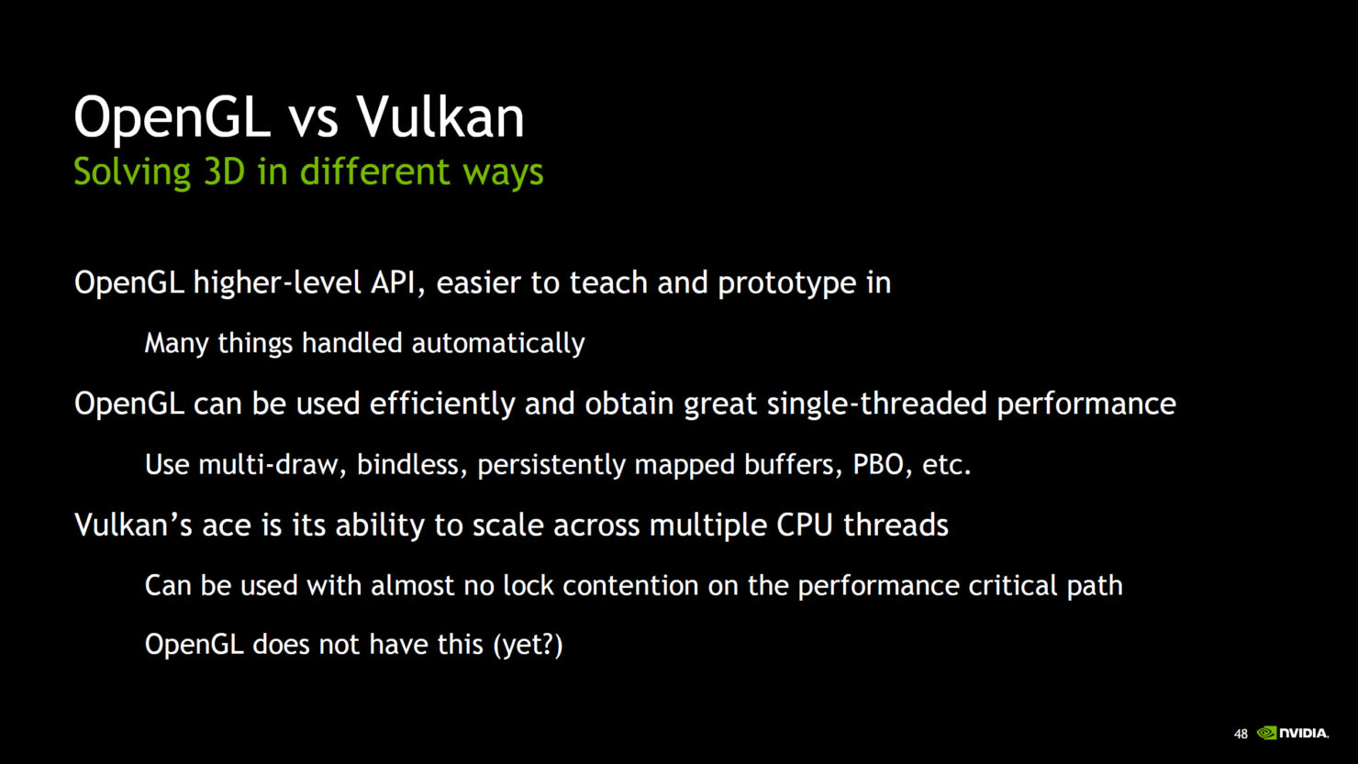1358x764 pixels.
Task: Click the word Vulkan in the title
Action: pyautogui.click(x=440, y=117)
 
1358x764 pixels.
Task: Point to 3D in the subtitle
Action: pyautogui.click(x=224, y=172)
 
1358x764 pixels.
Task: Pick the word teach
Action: pyautogui.click(x=608, y=282)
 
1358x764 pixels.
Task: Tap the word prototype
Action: pyautogui.click(x=786, y=283)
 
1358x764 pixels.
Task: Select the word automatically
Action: pyautogui.click(x=497, y=343)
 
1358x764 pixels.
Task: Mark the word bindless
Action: pyautogui.click(x=413, y=464)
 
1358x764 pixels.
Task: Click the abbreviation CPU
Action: pyautogui.click(x=805, y=525)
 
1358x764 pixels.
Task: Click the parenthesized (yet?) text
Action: pyautogui.click(x=528, y=645)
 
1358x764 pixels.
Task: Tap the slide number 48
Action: pyautogui.click(x=1241, y=735)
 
